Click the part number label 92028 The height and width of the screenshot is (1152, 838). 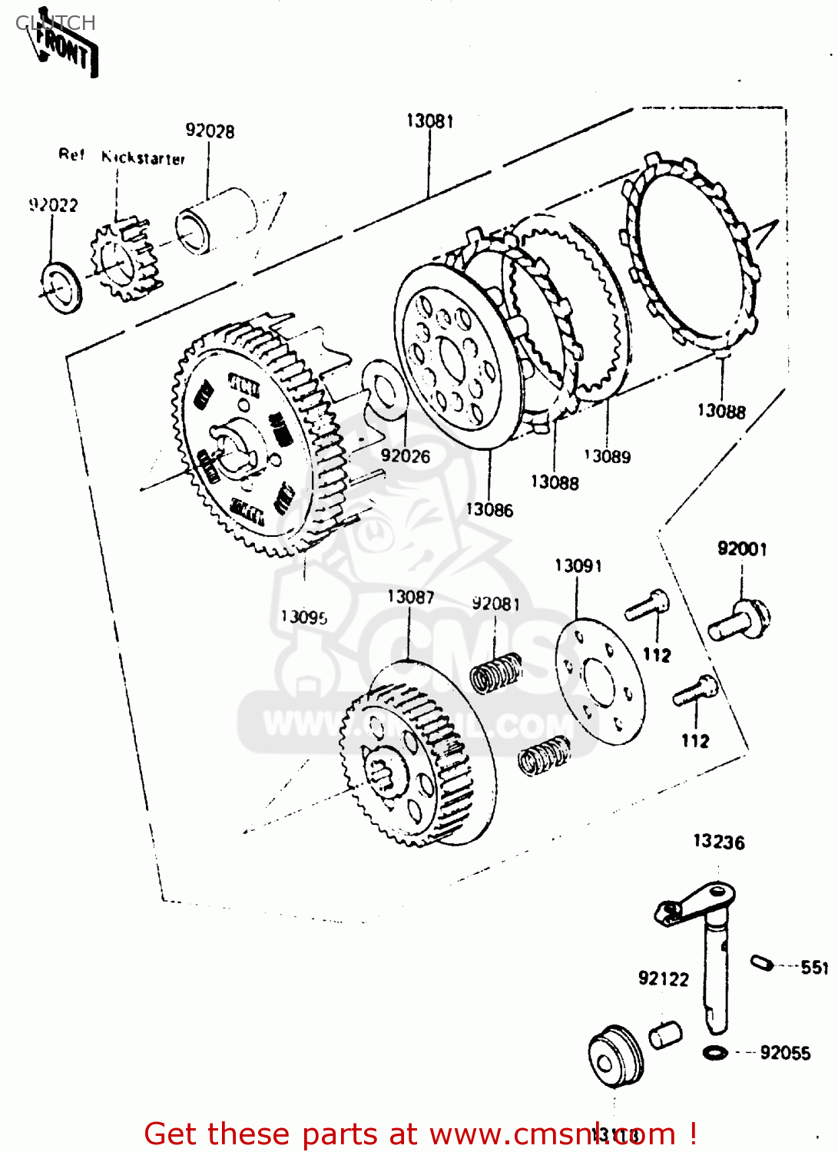coord(210,131)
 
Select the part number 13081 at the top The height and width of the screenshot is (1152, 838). coord(429,121)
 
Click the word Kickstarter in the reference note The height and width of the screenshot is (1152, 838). coord(144,158)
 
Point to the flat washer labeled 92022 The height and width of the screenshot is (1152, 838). coord(61,287)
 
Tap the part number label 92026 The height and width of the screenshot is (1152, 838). coord(406,456)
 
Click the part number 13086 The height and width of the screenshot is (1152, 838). coord(489,510)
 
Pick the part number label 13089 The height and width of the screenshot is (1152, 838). coord(608,457)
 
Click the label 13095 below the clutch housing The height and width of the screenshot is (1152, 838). coord(303,617)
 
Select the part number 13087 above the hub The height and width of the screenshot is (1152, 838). coord(410,598)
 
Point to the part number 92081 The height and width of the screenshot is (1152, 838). coord(495,604)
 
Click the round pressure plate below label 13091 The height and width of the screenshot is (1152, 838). coord(600,681)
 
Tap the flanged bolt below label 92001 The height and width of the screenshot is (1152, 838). coord(739,621)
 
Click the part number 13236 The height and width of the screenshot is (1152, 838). coord(718,842)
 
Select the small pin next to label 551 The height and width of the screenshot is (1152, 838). coord(761,962)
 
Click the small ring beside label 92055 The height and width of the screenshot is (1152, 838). coord(715,1052)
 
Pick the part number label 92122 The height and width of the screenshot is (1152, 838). coord(664,979)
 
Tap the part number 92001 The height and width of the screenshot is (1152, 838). coord(742,549)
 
